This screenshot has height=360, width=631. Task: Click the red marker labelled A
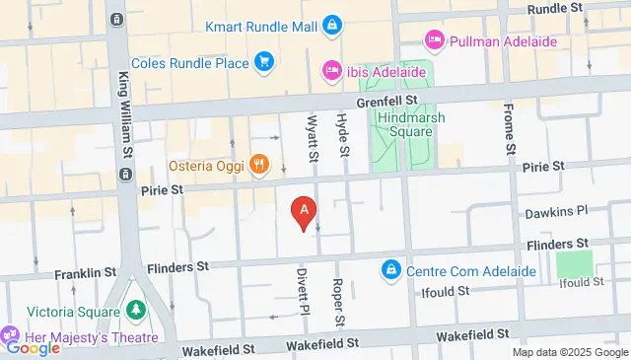305,211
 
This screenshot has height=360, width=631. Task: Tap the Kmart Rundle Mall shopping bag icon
333,23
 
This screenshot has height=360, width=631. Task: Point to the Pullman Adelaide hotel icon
433,41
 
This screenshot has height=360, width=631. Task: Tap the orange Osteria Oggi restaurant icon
259,164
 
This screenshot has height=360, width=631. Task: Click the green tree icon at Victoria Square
136,310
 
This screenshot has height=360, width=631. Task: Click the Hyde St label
344,137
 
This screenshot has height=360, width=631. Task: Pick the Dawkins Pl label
555,210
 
